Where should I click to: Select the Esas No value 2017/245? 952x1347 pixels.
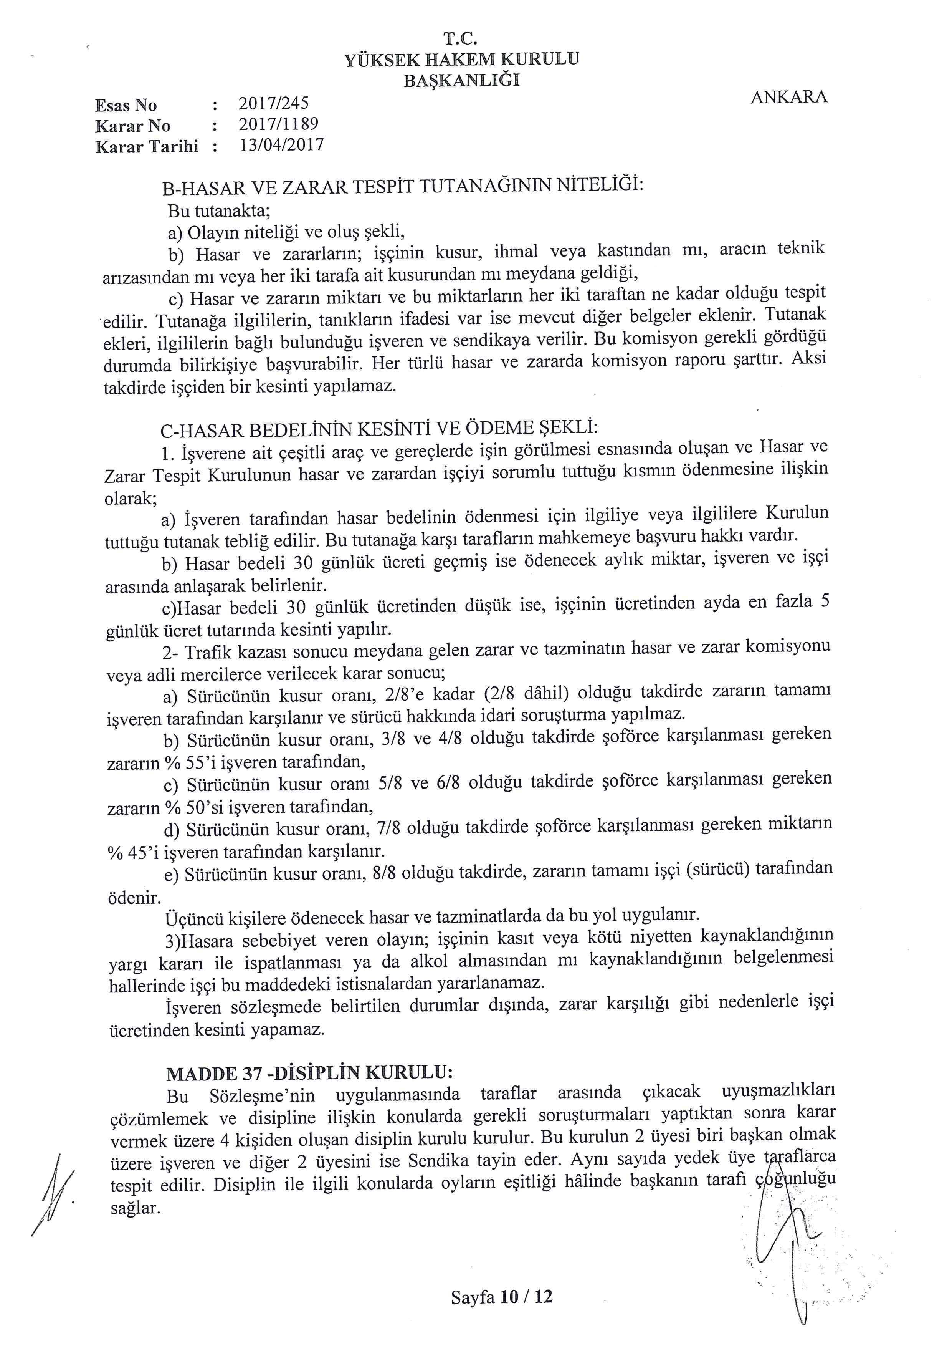[273, 104]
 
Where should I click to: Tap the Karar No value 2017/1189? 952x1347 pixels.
[278, 124]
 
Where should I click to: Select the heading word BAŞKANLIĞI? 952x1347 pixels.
[461, 80]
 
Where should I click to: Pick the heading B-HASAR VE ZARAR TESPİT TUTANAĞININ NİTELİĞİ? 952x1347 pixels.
[403, 187]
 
